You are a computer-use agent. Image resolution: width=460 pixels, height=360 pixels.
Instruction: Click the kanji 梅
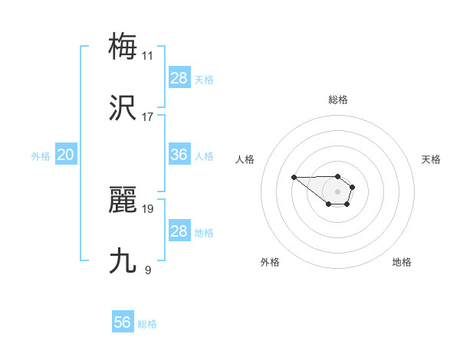click(123, 45)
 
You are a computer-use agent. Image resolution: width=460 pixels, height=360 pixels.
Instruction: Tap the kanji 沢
click(123, 107)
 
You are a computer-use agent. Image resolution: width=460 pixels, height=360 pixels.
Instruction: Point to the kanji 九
click(123, 260)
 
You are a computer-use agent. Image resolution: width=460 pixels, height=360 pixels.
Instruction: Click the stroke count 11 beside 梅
click(148, 56)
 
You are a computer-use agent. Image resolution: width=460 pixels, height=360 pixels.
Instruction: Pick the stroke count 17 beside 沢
click(148, 117)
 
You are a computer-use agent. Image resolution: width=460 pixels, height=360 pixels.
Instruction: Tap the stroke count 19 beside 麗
click(148, 208)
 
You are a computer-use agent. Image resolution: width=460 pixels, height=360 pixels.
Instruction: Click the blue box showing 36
click(179, 155)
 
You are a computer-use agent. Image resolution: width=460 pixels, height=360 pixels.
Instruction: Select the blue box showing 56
click(123, 322)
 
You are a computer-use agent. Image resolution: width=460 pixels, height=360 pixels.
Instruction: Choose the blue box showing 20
click(65, 155)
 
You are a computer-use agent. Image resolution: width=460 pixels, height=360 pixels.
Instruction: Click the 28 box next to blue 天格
click(179, 78)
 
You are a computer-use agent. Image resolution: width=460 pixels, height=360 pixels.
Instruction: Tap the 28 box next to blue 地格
click(179, 231)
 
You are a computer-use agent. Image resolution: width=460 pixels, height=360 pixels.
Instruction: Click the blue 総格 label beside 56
click(147, 324)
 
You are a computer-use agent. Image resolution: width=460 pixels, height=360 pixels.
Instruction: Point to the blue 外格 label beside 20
click(41, 156)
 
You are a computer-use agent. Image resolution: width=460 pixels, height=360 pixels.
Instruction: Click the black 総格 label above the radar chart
click(338, 100)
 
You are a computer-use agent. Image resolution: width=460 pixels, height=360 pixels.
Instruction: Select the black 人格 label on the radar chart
click(245, 159)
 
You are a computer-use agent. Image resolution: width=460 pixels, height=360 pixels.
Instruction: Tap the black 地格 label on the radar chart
click(402, 262)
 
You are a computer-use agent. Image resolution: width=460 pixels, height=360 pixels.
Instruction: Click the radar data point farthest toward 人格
click(294, 177)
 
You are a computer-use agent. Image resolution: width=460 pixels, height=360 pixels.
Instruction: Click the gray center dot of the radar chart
click(338, 191)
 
